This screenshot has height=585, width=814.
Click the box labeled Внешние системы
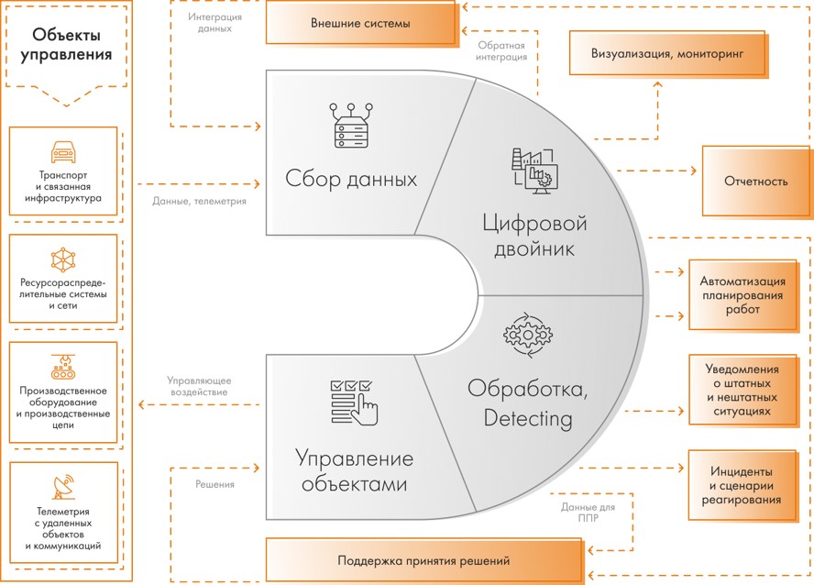click(x=359, y=23)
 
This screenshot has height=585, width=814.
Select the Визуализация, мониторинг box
click(x=667, y=54)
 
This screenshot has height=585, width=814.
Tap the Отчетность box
click(x=755, y=181)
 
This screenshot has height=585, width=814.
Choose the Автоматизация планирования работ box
click(x=741, y=295)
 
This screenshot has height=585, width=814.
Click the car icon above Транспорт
click(x=62, y=150)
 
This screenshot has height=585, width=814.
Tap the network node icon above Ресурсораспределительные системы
click(x=63, y=259)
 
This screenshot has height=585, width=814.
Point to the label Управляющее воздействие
click(x=198, y=385)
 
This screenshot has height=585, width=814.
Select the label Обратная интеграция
click(x=501, y=50)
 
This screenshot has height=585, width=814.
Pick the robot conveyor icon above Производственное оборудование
click(x=63, y=368)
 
